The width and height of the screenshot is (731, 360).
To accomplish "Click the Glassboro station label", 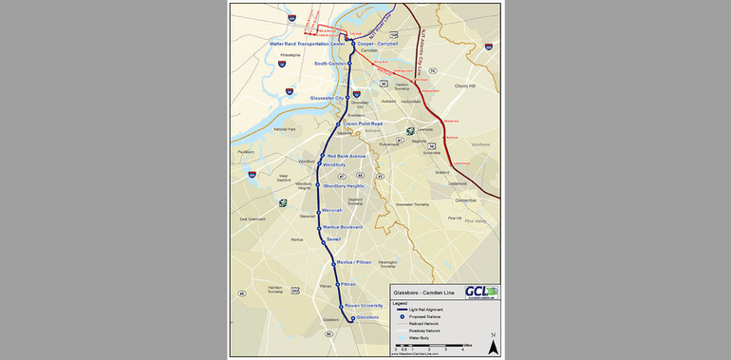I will click(367, 316).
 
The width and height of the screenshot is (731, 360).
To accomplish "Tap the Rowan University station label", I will click(364, 305).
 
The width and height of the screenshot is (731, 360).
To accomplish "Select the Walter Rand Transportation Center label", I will click(293, 44).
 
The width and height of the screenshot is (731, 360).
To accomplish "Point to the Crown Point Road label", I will click(363, 123).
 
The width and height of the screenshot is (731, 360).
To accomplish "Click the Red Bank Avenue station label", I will click(345, 156).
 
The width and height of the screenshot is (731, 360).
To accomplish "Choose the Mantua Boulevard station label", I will click(343, 227).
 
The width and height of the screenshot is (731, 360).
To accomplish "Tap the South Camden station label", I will click(330, 64).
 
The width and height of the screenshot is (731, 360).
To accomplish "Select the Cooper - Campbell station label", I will click(377, 44).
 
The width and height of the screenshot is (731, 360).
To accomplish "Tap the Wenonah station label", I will click(331, 210).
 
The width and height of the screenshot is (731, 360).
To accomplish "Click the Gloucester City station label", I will click(326, 98).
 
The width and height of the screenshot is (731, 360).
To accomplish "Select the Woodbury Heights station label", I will click(344, 186).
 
